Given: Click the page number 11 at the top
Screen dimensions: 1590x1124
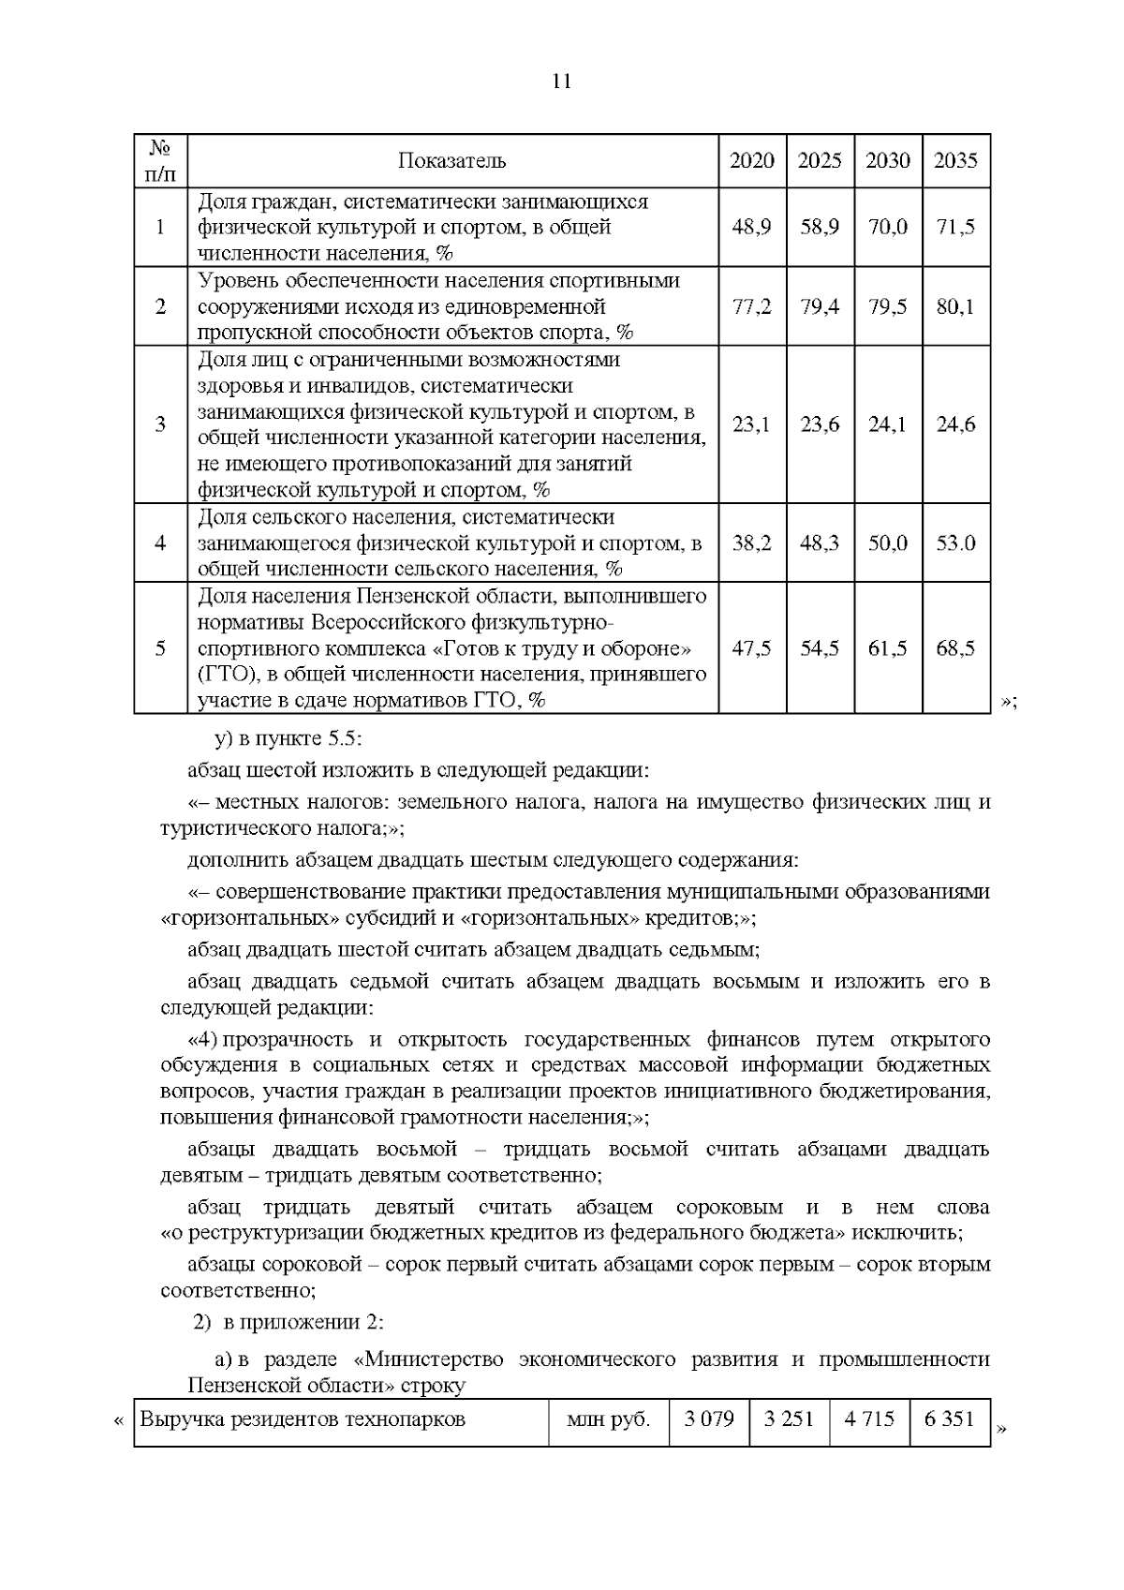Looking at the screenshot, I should [561, 81].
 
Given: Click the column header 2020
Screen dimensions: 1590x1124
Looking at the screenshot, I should [752, 160].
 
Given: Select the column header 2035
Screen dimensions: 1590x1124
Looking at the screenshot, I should [955, 160].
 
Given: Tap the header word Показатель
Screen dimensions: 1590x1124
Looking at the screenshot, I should [452, 160].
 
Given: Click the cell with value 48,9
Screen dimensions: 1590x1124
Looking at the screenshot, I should [752, 227].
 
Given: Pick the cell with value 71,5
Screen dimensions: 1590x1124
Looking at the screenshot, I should [955, 227].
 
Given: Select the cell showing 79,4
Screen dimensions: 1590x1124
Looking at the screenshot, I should [820, 306].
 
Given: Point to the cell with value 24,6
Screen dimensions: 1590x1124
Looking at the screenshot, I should [955, 424].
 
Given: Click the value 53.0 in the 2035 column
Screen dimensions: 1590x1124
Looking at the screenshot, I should [955, 542].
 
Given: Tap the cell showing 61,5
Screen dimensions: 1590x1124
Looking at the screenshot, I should [887, 647].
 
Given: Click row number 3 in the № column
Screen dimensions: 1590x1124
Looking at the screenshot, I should [160, 424].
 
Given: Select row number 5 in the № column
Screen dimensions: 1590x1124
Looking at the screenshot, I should [160, 647].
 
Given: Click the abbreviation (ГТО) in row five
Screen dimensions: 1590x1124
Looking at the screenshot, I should [225, 674].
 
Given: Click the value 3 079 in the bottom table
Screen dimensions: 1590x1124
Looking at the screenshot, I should [709, 1419].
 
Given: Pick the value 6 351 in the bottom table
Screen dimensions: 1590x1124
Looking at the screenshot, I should [949, 1419].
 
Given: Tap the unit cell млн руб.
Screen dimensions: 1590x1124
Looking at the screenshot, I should [608, 1419].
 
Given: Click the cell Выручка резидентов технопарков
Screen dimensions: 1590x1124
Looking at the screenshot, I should [303, 1419].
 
